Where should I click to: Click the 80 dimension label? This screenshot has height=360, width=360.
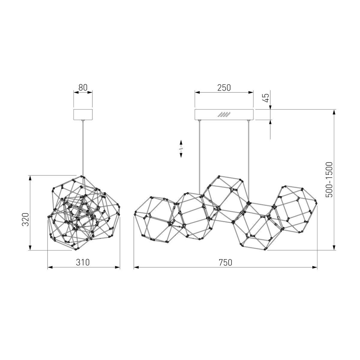[83, 87]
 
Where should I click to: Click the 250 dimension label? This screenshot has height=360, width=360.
[224, 88]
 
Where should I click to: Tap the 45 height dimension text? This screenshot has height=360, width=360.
[266, 97]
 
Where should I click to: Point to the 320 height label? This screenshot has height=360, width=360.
[25, 219]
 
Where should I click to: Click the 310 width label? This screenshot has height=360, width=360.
[83, 262]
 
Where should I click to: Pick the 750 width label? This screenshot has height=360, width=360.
[226, 262]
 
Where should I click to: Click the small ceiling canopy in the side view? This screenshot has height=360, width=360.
[83, 115]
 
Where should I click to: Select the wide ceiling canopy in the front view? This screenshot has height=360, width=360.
[224, 115]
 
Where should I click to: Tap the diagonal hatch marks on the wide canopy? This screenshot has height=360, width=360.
[224, 115]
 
